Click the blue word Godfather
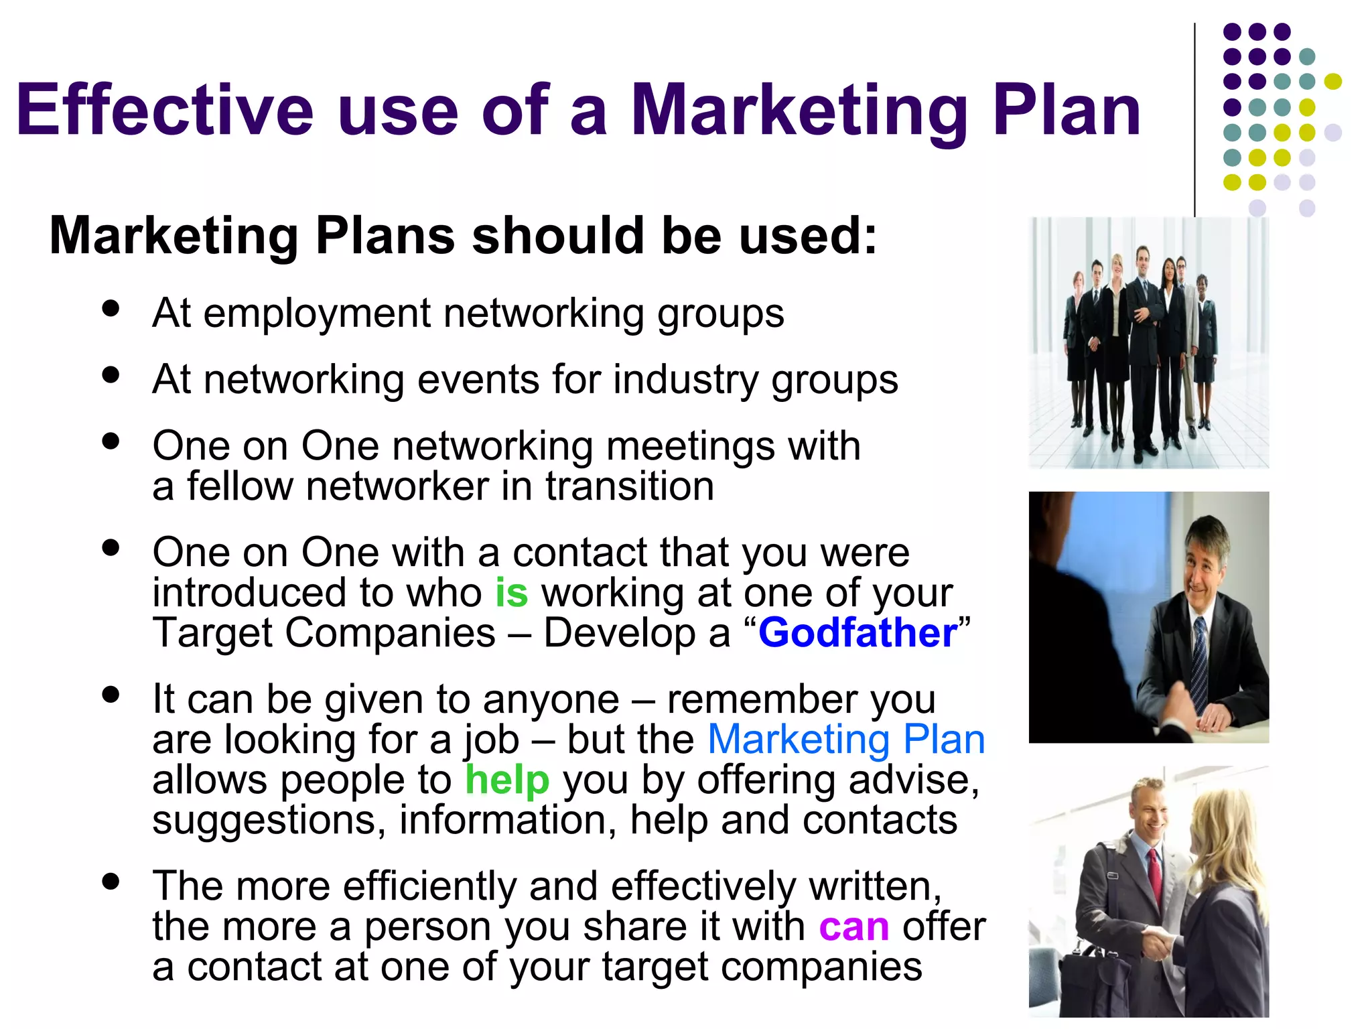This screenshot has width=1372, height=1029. [x=857, y=633]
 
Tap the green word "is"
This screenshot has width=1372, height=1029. [x=511, y=593]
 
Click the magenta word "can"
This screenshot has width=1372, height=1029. [x=853, y=927]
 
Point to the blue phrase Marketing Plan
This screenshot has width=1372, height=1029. [x=846, y=740]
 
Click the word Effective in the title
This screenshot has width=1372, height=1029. [x=164, y=110]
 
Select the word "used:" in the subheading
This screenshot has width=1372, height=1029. [x=807, y=236]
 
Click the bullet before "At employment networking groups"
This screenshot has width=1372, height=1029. [x=111, y=309]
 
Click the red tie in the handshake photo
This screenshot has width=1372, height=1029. [x=1154, y=870]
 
